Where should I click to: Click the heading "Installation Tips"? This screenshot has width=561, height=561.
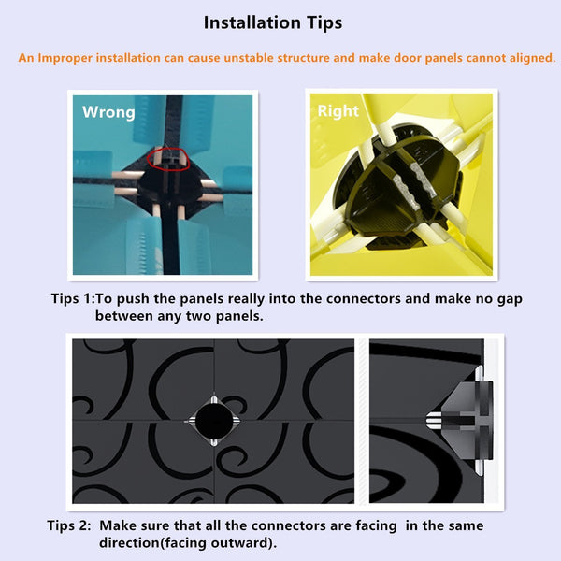[x=273, y=22]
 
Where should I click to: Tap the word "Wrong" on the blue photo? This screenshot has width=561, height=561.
[x=108, y=112]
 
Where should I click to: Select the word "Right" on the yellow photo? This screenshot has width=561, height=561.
[x=338, y=111]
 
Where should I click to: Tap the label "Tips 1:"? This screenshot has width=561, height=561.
[x=73, y=298]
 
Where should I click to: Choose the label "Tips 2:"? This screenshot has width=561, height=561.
[x=69, y=525]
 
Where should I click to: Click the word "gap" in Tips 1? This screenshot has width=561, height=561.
[x=510, y=300]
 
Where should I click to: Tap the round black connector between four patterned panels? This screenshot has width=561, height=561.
[x=213, y=421]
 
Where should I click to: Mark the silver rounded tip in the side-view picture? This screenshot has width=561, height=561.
[x=434, y=421]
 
